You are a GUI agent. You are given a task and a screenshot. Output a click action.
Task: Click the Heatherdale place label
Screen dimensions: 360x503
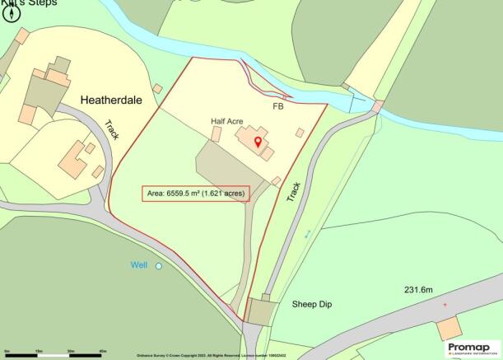(x=118, y=100)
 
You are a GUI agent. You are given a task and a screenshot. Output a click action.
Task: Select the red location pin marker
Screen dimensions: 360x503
(x=258, y=143)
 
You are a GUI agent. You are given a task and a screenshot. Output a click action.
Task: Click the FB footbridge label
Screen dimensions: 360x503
(x=277, y=105)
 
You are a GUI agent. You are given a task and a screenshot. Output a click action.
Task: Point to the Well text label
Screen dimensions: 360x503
(x=141, y=265)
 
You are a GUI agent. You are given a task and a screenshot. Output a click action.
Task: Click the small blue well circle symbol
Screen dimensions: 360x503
(x=159, y=266)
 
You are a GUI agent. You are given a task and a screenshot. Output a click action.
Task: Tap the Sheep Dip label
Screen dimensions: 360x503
(x=314, y=304)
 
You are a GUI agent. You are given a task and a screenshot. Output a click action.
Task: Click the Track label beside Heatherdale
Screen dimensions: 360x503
(x=112, y=130)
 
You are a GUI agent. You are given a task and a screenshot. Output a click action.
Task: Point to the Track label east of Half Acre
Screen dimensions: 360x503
(x=295, y=192)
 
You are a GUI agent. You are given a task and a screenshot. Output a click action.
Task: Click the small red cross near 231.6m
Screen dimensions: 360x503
(x=445, y=305)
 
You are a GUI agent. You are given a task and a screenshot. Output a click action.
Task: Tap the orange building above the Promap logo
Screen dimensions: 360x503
(x=449, y=328)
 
